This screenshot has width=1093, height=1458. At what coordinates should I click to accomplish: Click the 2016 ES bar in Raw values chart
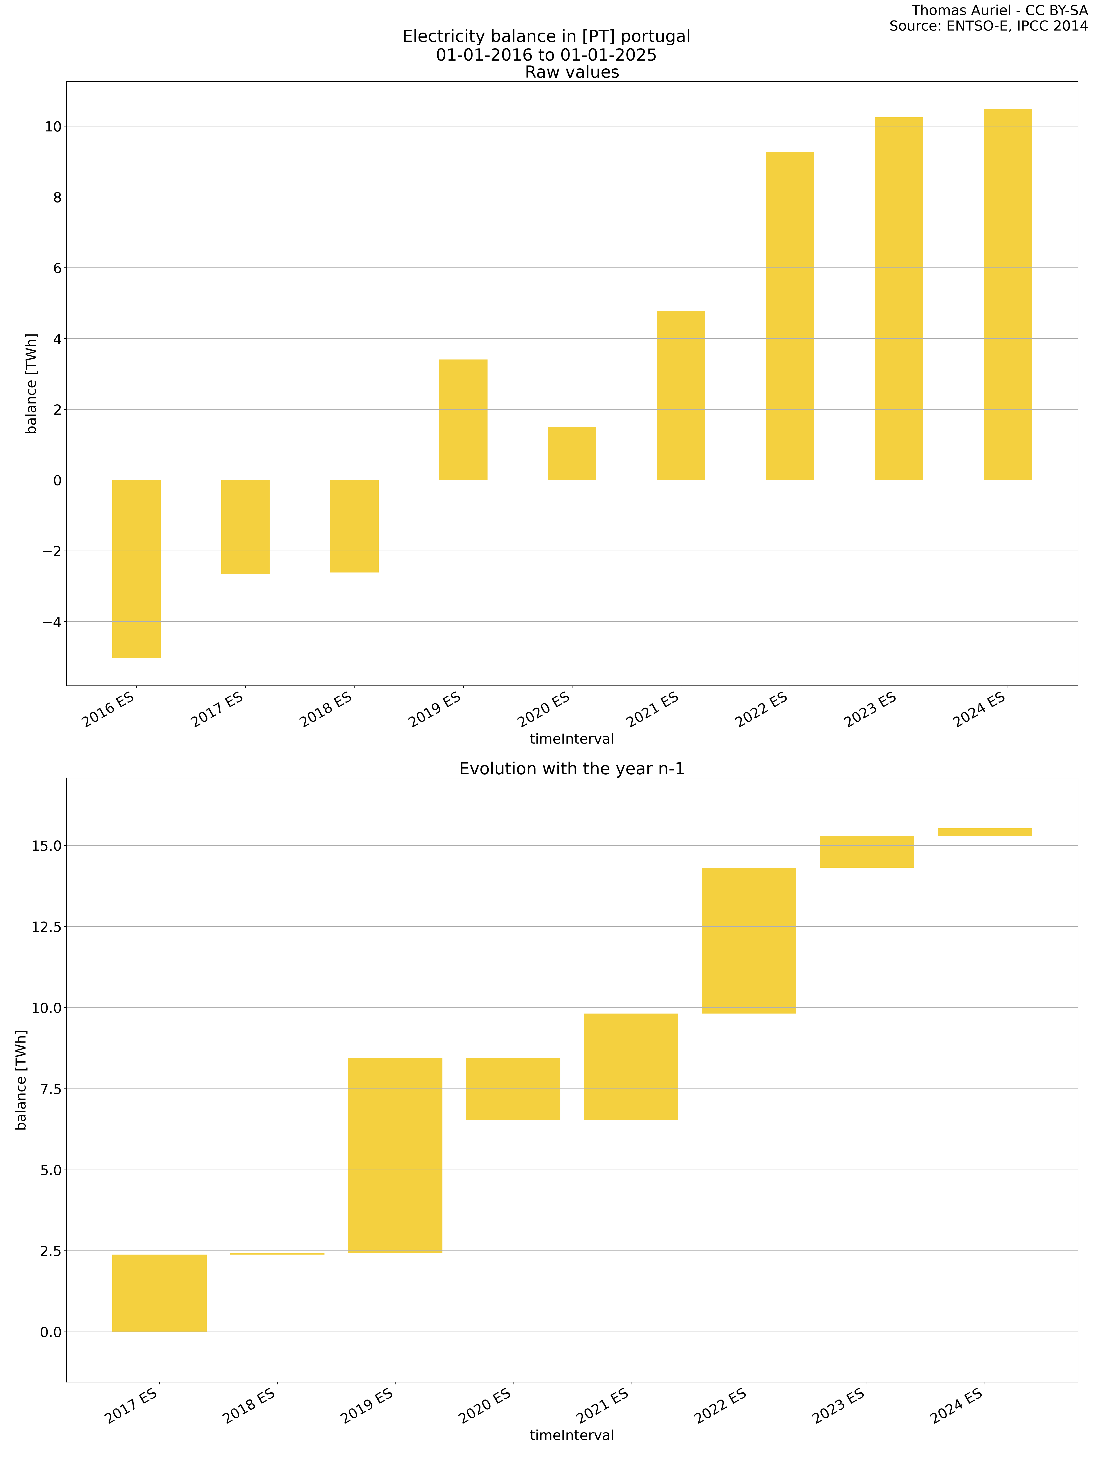[x=136, y=569]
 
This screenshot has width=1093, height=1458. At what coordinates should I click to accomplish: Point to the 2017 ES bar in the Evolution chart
[x=159, y=1293]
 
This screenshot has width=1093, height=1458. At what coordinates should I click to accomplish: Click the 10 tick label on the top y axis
[x=53, y=127]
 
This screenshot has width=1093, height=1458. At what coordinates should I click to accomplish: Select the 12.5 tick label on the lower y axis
[x=46, y=927]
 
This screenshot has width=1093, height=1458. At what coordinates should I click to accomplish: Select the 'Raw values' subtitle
[x=572, y=72]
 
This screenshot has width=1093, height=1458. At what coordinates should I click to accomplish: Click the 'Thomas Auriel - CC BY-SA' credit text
[x=999, y=10]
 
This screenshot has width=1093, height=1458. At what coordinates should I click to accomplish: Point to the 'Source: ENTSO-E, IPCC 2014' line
[x=988, y=26]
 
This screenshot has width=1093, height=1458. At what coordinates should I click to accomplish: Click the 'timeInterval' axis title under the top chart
[x=572, y=739]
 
